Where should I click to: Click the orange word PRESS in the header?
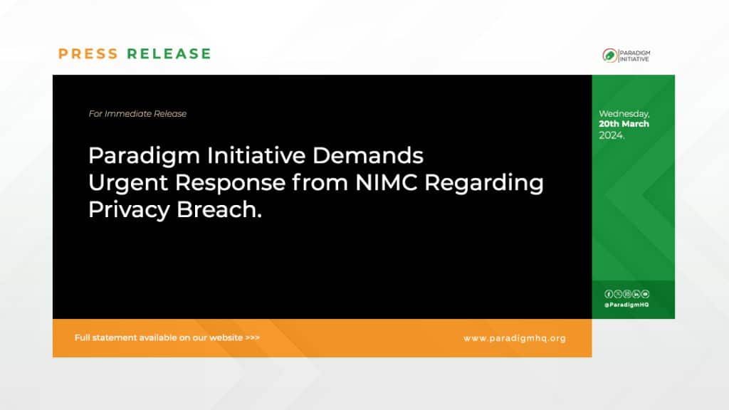tap(88, 54)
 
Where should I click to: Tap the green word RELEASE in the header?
tap(169, 54)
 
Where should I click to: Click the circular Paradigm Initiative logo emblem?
tap(609, 56)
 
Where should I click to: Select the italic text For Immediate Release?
tap(137, 114)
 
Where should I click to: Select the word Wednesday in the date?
tap(624, 114)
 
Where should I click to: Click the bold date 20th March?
tap(624, 124)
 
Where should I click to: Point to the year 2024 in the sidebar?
tap(611, 135)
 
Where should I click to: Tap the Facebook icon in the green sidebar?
tap(609, 294)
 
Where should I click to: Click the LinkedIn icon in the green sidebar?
tap(636, 294)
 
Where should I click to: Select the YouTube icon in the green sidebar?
tap(645, 294)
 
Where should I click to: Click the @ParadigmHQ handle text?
tap(626, 305)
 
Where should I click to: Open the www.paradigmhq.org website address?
tap(514, 338)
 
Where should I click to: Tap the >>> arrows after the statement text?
tap(252, 337)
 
